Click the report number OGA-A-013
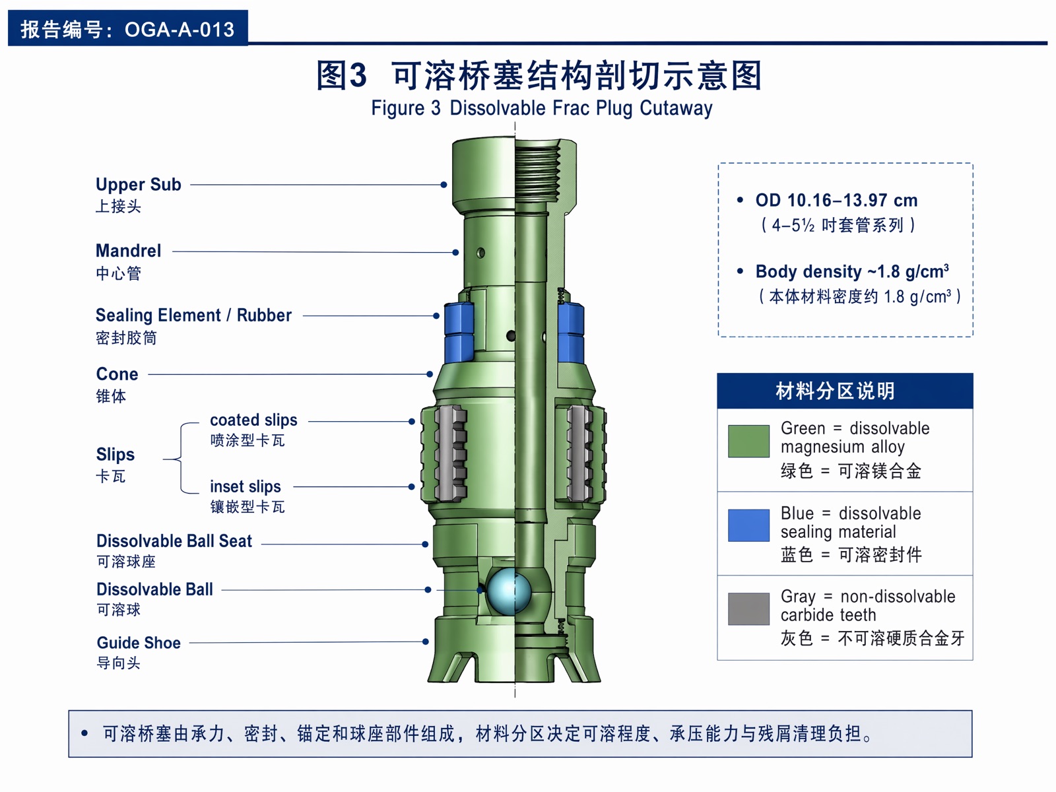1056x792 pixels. [180, 30]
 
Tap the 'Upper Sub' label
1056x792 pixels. [139, 185]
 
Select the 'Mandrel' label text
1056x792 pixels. [129, 251]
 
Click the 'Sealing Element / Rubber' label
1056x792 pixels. [193, 315]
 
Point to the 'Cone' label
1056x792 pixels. [117, 374]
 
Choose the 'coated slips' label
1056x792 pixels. [253, 420]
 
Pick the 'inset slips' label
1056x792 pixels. [246, 486]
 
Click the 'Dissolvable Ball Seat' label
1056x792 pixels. [174, 541]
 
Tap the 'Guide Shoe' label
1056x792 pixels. [139, 643]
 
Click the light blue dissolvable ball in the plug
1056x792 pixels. [508, 591]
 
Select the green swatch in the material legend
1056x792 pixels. [748, 441]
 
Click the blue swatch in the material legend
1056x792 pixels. [748, 525]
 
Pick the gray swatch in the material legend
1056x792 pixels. [748, 609]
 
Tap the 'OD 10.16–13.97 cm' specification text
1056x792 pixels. [837, 200]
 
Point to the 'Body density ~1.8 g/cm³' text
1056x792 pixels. [852, 272]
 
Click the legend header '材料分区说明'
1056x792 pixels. [835, 391]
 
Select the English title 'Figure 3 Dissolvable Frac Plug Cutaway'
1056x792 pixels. [542, 108]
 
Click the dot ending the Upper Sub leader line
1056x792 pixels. [444, 185]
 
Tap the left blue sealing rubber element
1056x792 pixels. [459, 332]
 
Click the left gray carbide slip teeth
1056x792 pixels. [451, 453]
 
